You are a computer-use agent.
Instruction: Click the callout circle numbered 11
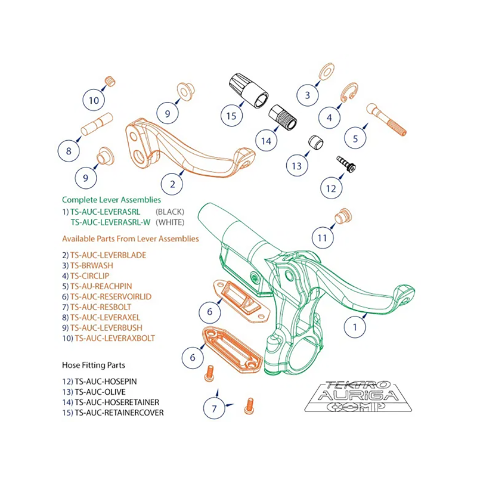pos(323,237)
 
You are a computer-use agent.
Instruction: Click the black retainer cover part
pos(246,90)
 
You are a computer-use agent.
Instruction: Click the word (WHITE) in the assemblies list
pos(170,222)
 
